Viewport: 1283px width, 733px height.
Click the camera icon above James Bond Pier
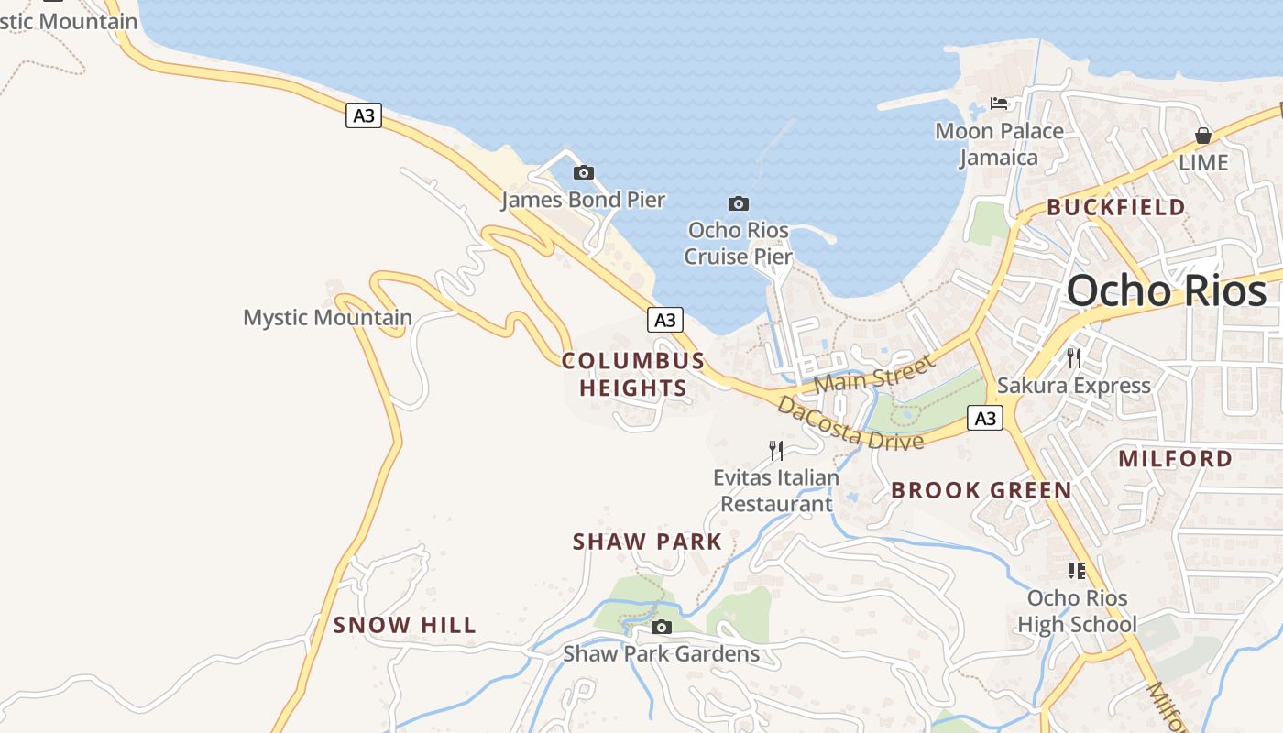pyautogui.click(x=583, y=172)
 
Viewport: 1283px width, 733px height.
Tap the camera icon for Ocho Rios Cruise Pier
pyautogui.click(x=738, y=203)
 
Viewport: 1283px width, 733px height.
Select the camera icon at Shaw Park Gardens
pyautogui.click(x=661, y=628)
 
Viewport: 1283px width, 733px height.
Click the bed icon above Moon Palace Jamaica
pyautogui.click(x=999, y=104)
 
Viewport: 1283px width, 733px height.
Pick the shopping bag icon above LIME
pyautogui.click(x=1203, y=136)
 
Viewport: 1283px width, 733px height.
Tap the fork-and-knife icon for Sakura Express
pyautogui.click(x=1074, y=357)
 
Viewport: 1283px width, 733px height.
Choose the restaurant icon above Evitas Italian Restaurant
pyautogui.click(x=776, y=450)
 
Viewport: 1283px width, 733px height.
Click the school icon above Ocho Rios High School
pyautogui.click(x=1077, y=571)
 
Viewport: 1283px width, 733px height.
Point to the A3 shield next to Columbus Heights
pyautogui.click(x=665, y=320)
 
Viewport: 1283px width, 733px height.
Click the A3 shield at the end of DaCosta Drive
pyautogui.click(x=985, y=419)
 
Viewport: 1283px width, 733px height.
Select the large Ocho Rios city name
pyautogui.click(x=1167, y=291)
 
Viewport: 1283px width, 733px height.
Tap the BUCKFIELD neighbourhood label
pyautogui.click(x=1116, y=207)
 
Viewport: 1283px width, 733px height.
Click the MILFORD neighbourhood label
pyautogui.click(x=1176, y=458)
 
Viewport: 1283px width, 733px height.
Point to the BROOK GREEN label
pyautogui.click(x=981, y=490)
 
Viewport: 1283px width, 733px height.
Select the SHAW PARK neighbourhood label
pyautogui.click(x=648, y=542)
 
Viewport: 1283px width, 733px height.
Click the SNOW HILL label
pyautogui.click(x=405, y=625)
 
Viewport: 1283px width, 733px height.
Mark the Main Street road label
pyautogui.click(x=874, y=373)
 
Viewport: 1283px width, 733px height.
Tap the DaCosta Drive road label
pyautogui.click(x=850, y=423)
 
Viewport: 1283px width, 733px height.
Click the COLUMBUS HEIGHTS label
pyautogui.click(x=633, y=374)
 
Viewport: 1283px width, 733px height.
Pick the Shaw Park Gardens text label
pyautogui.click(x=661, y=653)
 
